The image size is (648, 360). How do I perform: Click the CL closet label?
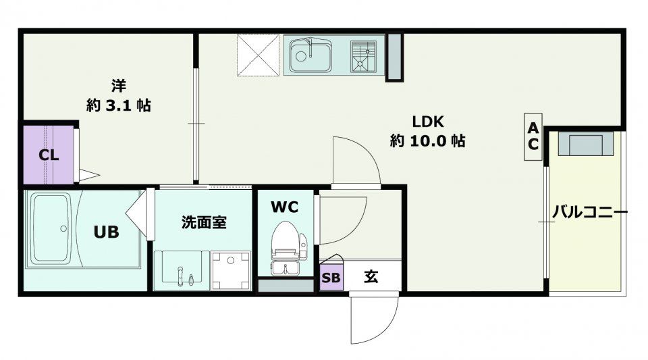click(x=49, y=155)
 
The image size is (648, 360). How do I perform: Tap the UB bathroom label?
click(x=106, y=232)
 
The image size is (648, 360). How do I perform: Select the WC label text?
click(x=284, y=207)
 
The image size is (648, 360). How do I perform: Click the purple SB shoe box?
click(x=331, y=277)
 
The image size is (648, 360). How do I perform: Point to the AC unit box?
click(x=533, y=137)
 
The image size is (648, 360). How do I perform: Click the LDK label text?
click(x=428, y=122)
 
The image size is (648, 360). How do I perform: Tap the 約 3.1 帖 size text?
click(x=119, y=105)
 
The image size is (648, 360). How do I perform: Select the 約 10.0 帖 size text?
click(x=428, y=141)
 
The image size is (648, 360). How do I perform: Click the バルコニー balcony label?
click(x=590, y=213)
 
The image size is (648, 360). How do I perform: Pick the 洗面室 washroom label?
click(x=204, y=222)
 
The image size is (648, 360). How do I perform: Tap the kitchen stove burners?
click(x=363, y=56)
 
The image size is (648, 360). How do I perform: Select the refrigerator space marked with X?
click(x=259, y=55)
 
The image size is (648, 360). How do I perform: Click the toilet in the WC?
click(x=287, y=247)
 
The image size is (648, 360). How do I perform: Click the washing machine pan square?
click(x=231, y=270)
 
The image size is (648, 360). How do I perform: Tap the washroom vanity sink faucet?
click(x=180, y=276)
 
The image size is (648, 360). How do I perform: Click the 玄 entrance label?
click(x=371, y=276)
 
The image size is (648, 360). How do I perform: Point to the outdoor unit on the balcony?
click(x=586, y=144)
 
